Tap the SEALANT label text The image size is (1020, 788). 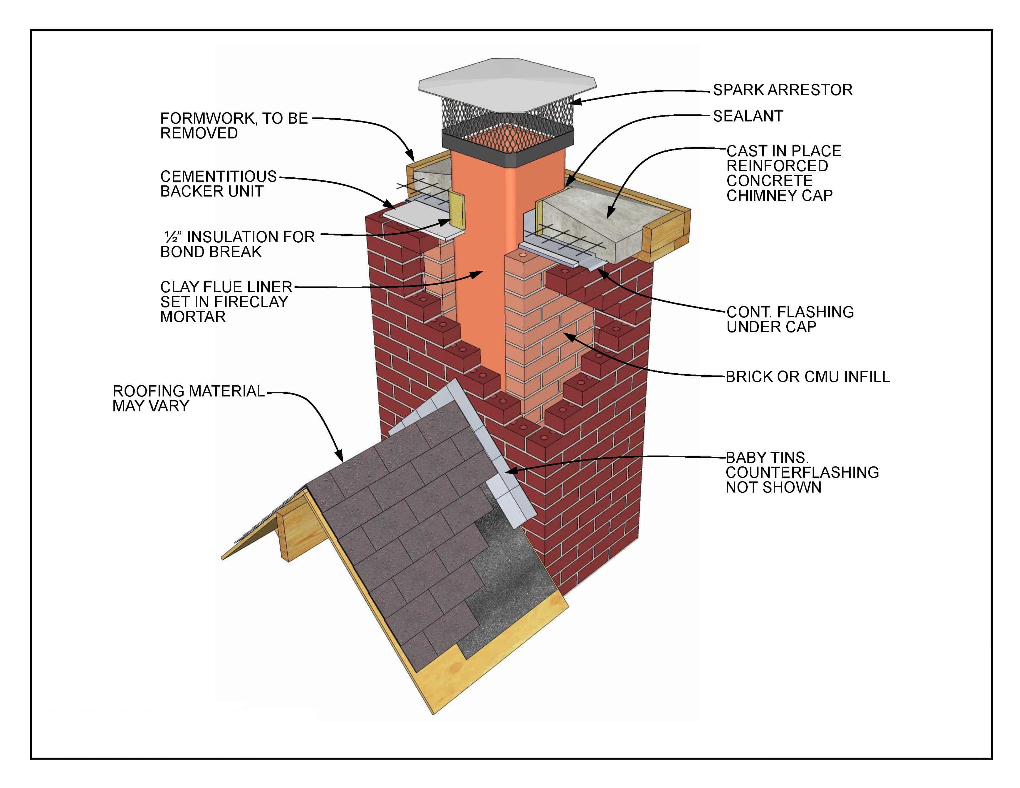coord(748,116)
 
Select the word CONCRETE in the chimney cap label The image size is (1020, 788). coord(769,181)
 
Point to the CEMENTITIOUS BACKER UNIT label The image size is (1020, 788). coord(218,184)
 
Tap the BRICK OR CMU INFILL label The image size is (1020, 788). coord(807,377)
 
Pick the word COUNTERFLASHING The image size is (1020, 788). coord(802,472)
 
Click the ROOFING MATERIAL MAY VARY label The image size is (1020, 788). coord(188,399)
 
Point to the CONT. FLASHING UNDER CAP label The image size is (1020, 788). coord(790,319)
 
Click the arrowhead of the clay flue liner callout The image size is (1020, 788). coord(477,274)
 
